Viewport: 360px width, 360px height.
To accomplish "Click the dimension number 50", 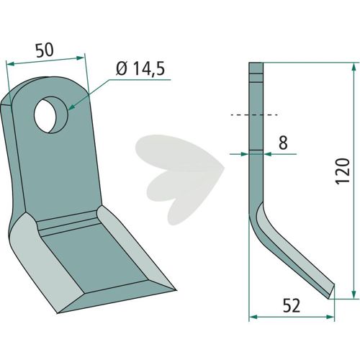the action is pos(45,50).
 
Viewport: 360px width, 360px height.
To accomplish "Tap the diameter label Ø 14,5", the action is pos(140,68).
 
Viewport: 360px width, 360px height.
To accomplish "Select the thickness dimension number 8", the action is pos(283,143).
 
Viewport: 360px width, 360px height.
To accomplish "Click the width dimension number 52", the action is pos(292,306).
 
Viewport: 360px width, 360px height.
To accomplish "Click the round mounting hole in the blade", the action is pos(51,115).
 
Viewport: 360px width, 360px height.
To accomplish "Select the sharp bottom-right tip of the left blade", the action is pos(176,290).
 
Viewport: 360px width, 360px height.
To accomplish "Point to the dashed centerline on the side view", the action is pos(254,115).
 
